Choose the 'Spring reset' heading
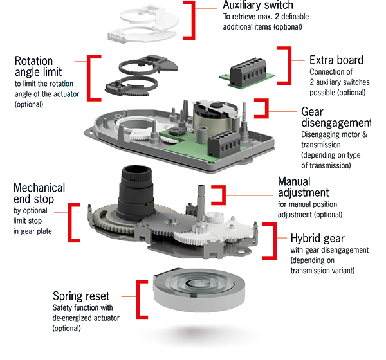pos(82,297)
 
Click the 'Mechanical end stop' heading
pos(39,194)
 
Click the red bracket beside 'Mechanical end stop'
pos(73,222)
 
